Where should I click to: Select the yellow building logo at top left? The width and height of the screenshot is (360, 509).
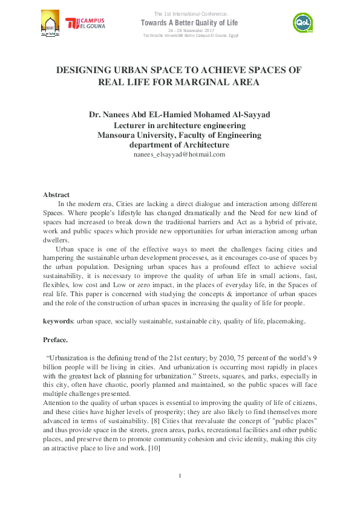coord(51,24)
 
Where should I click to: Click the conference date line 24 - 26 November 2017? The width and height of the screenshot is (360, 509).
coord(191,31)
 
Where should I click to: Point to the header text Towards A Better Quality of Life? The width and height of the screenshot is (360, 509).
coord(191,22)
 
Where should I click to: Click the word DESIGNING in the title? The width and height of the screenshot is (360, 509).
coord(86,70)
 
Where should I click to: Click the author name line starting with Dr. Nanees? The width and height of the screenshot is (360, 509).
coord(179,115)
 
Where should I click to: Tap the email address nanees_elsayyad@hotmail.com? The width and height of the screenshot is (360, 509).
coord(179,154)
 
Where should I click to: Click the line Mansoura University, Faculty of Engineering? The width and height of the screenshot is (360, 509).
coord(179,135)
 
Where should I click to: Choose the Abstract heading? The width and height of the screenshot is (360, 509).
coord(56,195)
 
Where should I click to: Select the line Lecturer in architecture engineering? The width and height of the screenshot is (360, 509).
coord(179,125)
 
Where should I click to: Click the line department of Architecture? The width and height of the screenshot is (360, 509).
coord(179,145)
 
